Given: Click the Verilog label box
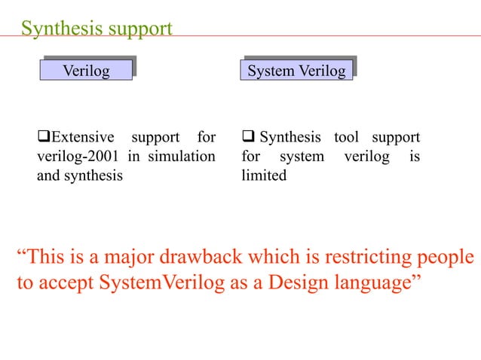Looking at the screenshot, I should [x=86, y=71].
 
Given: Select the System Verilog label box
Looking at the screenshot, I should [x=297, y=71].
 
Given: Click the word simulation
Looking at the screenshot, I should [x=184, y=157].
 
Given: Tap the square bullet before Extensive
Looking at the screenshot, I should [x=43, y=138].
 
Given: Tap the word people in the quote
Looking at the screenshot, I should [x=448, y=259].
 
